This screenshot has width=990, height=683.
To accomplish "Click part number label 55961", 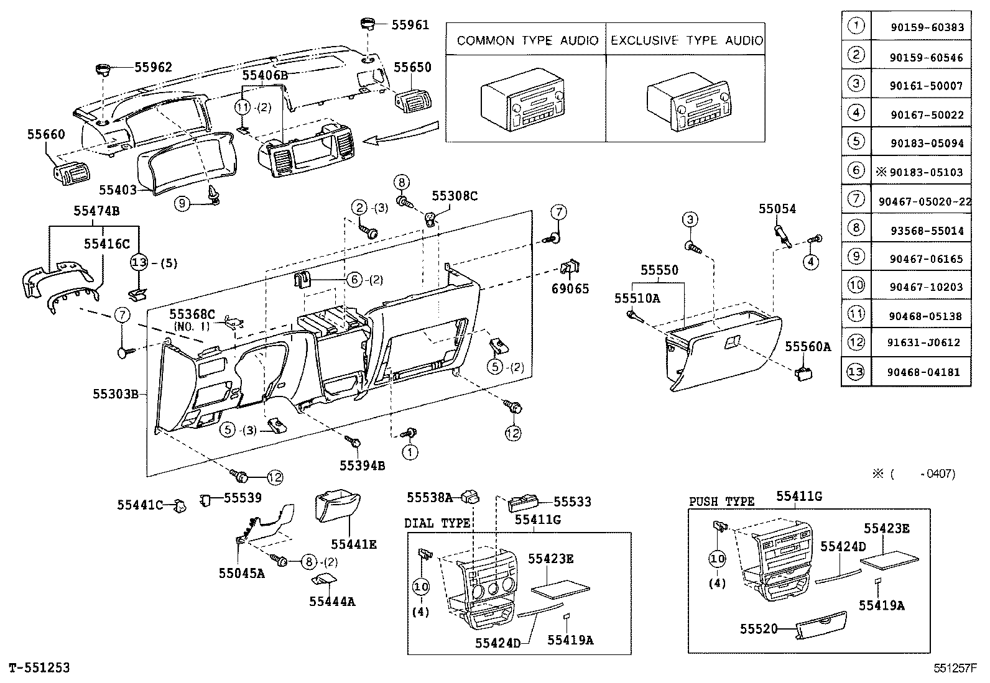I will (x=410, y=25).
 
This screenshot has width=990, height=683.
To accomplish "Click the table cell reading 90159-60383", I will (x=921, y=27).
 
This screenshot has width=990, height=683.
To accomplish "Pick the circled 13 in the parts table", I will (x=856, y=372).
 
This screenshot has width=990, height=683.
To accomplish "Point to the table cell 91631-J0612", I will (x=921, y=342).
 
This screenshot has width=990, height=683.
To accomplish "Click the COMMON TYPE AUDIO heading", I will (x=527, y=41).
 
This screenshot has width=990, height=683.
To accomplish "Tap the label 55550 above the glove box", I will (x=660, y=270).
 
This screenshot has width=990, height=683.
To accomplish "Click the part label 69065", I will (x=570, y=289).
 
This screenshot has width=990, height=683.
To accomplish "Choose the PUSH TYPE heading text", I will (x=721, y=502).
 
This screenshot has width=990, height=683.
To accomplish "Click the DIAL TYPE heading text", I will (x=437, y=523).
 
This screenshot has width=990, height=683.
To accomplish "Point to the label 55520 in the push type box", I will (x=759, y=629).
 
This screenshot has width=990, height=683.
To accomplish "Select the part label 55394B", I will (x=362, y=465).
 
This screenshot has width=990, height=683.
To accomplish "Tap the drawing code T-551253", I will (x=39, y=668).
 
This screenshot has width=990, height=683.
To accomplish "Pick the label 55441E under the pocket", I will (x=353, y=544).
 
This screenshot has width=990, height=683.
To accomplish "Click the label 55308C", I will (x=455, y=196).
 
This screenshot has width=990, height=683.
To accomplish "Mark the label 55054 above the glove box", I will (x=777, y=209).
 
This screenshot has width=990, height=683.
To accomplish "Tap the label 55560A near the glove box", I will (x=807, y=347).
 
